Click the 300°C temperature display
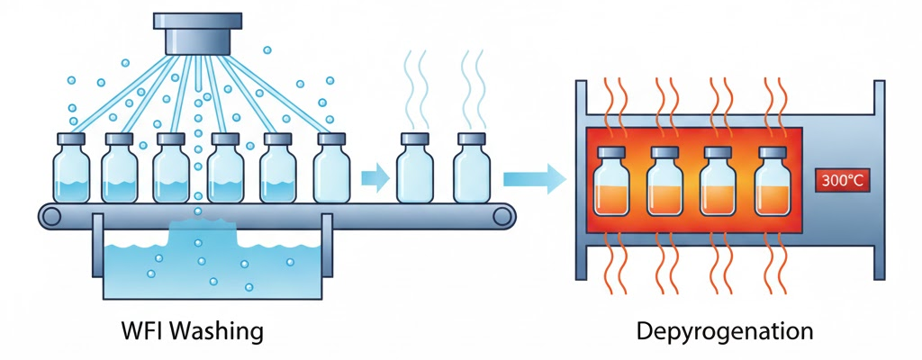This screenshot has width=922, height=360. coord(841,180)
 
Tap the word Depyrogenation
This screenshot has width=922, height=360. coord(724,331)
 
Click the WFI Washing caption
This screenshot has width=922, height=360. coord(192,331)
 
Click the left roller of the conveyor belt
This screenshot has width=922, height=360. coord(50,215)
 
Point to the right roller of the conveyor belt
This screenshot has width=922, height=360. coord(506,215)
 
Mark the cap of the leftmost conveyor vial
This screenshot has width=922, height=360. coord(70,139)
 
